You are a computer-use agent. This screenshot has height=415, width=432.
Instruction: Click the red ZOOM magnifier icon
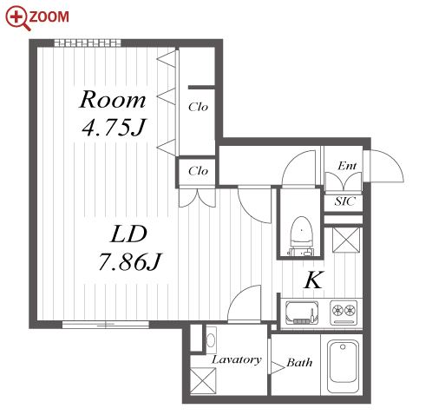(18, 18)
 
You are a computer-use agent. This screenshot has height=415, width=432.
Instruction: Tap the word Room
(113, 100)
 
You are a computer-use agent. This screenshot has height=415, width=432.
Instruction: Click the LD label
(128, 234)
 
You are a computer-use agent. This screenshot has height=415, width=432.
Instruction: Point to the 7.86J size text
(130, 261)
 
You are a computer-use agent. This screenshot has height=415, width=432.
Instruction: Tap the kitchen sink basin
(302, 313)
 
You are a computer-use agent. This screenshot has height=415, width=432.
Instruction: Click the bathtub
(344, 366)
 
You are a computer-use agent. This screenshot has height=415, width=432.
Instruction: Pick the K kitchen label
(314, 280)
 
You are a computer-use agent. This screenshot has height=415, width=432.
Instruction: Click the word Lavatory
(237, 360)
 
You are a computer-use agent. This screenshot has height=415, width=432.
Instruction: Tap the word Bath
(299, 362)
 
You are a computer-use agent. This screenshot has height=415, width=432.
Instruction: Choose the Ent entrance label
(347, 166)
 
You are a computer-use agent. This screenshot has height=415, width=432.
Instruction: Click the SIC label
(344, 201)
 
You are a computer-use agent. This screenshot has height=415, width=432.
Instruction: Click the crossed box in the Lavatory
(203, 381)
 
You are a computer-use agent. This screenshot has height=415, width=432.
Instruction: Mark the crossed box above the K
(346, 240)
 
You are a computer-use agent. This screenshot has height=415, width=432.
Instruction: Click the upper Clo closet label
(198, 107)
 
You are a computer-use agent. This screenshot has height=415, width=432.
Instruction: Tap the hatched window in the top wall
(88, 43)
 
